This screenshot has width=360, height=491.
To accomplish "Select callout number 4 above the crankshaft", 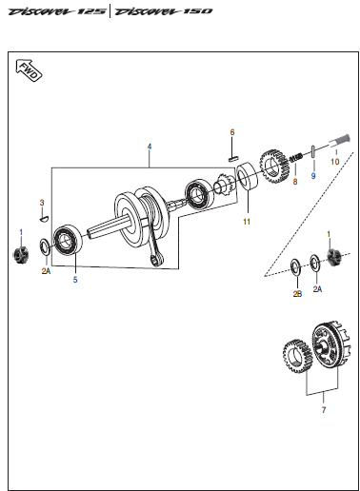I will pyautogui.click(x=149, y=147).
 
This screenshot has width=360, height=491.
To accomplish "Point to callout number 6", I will pyautogui.click(x=230, y=131).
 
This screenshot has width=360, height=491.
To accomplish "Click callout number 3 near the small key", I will pyautogui.click(x=41, y=203).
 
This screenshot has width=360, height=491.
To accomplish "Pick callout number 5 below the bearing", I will pyautogui.click(x=76, y=282).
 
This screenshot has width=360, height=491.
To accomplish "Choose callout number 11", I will pyautogui.click(x=246, y=222).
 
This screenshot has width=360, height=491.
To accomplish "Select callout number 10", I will pyautogui.click(x=333, y=163).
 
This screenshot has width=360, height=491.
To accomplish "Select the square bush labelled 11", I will pyautogui.click(x=246, y=178).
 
